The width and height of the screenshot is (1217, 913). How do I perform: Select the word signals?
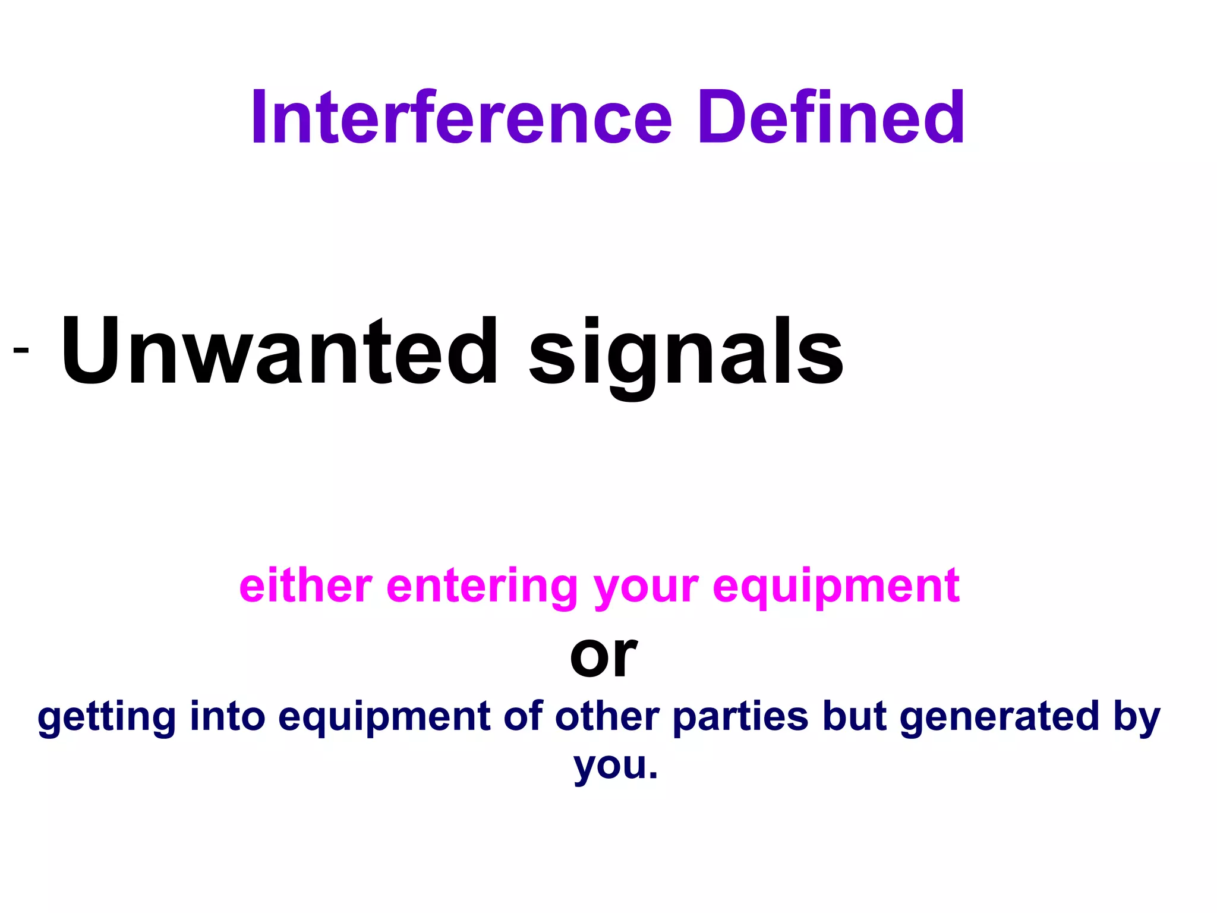click(686, 354)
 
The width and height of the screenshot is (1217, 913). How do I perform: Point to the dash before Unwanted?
click(21, 350)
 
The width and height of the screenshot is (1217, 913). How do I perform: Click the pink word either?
click(305, 586)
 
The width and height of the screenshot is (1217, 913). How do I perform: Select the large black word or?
click(603, 656)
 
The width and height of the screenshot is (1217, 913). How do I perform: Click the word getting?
click(107, 718)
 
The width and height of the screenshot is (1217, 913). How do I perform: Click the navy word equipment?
click(384, 718)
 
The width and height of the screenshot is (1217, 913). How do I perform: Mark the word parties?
click(740, 718)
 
